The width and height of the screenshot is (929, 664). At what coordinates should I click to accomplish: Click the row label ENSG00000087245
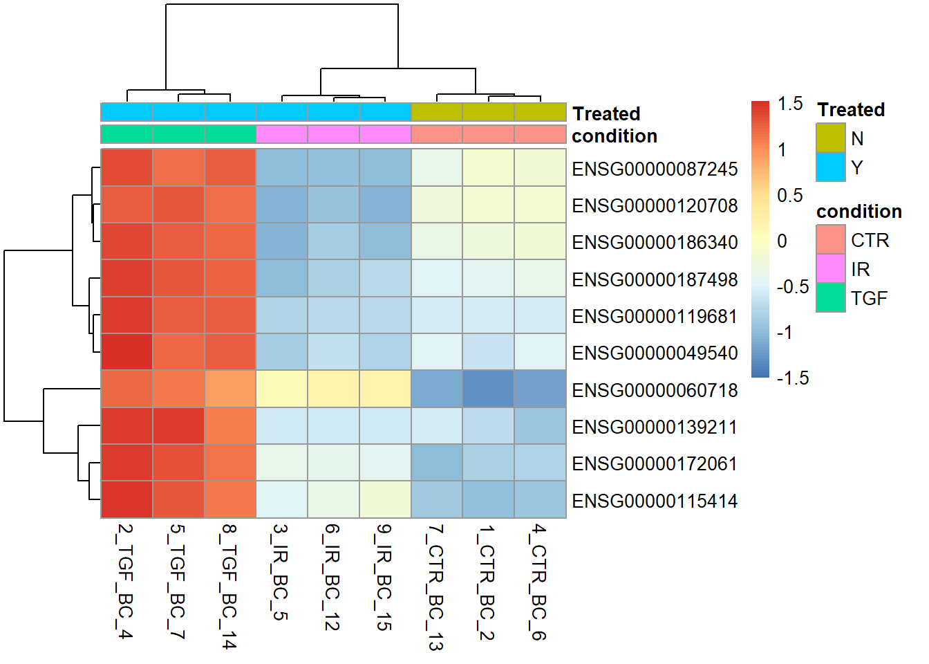[x=655, y=169]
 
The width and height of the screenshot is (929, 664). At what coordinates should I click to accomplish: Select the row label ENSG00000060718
[x=655, y=390]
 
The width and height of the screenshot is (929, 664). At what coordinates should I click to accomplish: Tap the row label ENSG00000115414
[x=655, y=501]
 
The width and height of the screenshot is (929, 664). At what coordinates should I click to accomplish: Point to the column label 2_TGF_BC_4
[x=125, y=581]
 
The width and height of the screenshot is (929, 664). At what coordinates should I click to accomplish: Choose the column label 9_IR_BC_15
[x=384, y=578]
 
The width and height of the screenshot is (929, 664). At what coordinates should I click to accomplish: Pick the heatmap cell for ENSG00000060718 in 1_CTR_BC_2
[x=488, y=389]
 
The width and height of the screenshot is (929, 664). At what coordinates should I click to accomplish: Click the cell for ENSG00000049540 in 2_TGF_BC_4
[x=126, y=352]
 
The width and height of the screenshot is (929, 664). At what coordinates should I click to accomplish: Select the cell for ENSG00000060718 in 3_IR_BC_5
[x=281, y=389]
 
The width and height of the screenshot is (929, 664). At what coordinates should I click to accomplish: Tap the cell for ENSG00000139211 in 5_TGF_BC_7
[x=178, y=425]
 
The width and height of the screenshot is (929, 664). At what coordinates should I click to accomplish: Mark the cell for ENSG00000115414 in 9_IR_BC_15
[x=385, y=499]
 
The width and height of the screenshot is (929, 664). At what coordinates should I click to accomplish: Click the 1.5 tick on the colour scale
[x=789, y=104]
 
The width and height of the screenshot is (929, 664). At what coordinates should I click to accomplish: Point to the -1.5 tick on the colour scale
[x=792, y=378]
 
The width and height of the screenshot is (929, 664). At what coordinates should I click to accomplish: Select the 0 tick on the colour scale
[x=782, y=241]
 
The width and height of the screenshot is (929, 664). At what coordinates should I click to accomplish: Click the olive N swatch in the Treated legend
[x=830, y=138]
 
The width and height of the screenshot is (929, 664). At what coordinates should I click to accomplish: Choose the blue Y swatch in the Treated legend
[x=830, y=167]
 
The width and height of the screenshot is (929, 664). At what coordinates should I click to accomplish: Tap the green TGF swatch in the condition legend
[x=830, y=298]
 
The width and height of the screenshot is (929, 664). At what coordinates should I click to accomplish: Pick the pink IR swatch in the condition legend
[x=830, y=269]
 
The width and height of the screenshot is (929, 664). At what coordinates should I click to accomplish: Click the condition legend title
[x=858, y=212]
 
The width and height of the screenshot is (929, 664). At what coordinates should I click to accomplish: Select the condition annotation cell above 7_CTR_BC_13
[x=437, y=134]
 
